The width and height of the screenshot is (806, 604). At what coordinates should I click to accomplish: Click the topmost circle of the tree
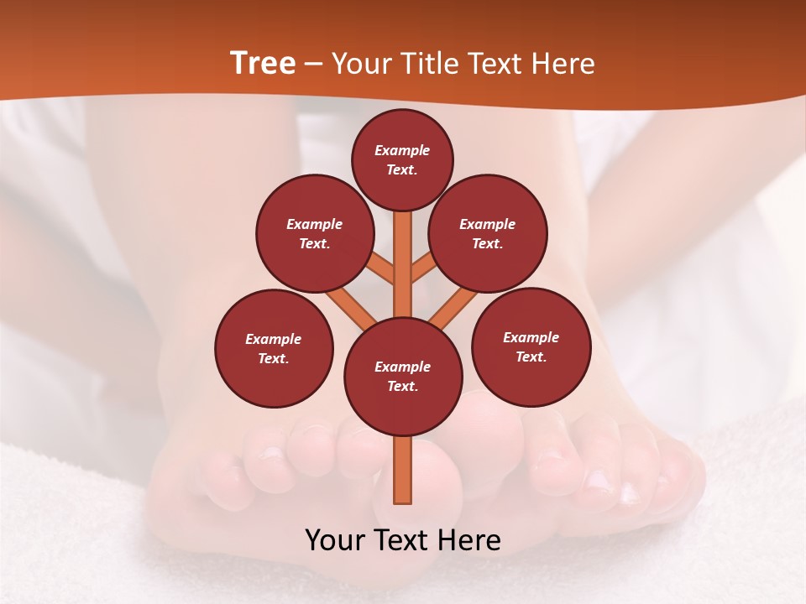coord(402,159)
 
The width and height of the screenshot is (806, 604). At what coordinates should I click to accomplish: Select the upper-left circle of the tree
coord(315,233)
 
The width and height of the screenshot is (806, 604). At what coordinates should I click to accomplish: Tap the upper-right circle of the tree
coord(488,233)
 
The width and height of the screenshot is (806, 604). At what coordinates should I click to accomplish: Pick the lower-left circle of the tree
coord(274,348)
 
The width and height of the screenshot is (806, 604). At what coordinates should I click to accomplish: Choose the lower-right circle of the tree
coord(531,346)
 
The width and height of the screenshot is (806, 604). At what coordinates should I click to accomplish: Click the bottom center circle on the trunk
coord(403,377)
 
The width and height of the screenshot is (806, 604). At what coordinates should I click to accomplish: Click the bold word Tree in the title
coord(263,63)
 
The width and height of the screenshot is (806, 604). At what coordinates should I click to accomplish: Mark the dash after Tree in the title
coord(314,65)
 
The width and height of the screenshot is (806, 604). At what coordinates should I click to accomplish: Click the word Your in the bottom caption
coord(335,539)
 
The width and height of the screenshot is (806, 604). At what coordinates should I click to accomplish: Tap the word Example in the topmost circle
coord(402,150)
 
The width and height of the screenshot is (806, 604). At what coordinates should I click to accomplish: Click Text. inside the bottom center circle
coord(402,387)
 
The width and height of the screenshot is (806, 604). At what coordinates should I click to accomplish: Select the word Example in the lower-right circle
coord(531,337)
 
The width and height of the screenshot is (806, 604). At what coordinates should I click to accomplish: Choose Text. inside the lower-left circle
coord(274,358)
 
